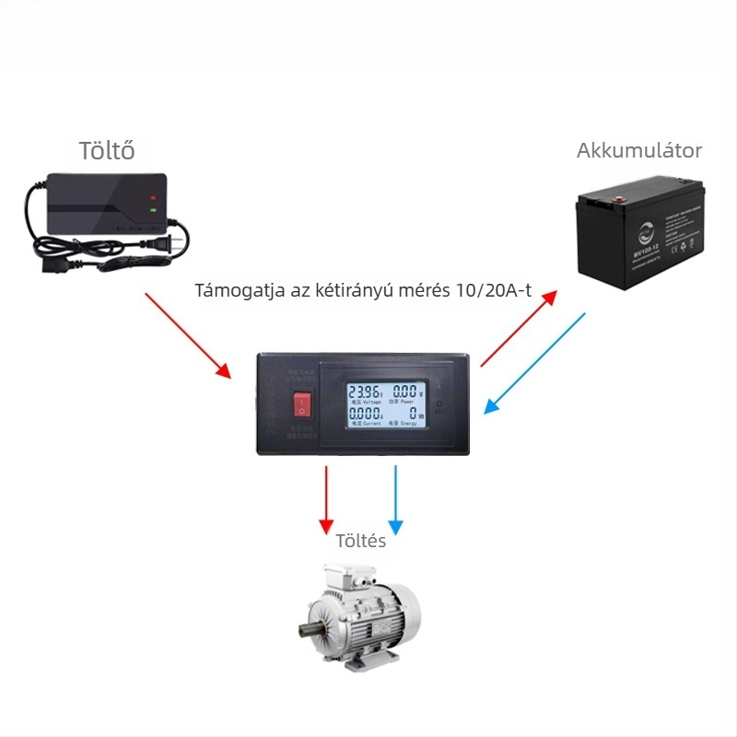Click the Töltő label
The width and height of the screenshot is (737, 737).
(x=107, y=150)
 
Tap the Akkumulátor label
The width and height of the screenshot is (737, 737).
(x=639, y=150)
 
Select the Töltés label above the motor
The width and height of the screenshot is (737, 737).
(x=361, y=541)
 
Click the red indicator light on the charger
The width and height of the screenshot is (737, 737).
(x=154, y=198)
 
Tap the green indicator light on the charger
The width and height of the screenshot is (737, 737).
(x=153, y=216)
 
